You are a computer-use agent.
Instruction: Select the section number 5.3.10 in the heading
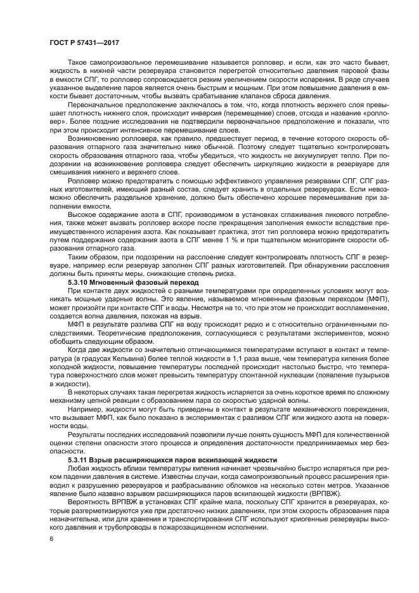point(79,280)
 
